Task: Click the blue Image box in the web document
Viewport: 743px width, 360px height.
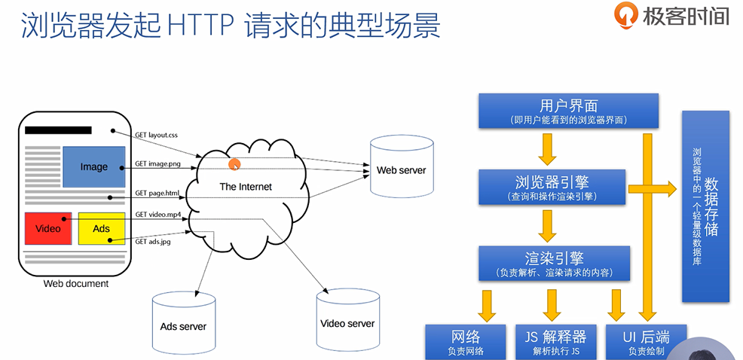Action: [x=93, y=166]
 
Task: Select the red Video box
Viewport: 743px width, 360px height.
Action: [x=47, y=228]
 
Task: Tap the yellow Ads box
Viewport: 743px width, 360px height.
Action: [x=101, y=228]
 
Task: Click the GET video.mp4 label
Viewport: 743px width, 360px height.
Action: [x=158, y=215]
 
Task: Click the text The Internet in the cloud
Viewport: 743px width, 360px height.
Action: [x=246, y=186]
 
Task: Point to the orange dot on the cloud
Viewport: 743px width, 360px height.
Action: [x=234, y=164]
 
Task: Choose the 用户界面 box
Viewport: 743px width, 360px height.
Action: [x=569, y=111]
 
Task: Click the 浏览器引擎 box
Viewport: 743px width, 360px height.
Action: [x=552, y=186]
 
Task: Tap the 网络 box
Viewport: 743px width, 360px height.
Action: [x=466, y=340]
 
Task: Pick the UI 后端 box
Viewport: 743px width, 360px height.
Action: [x=637, y=340]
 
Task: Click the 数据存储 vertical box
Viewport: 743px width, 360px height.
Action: [x=705, y=206]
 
